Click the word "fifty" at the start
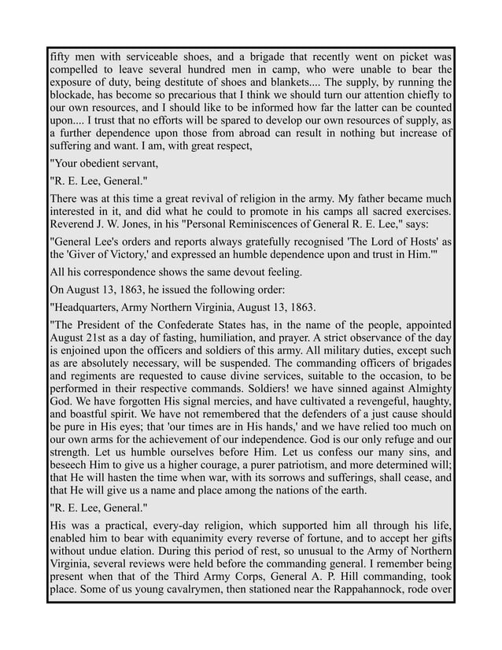click(60, 57)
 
